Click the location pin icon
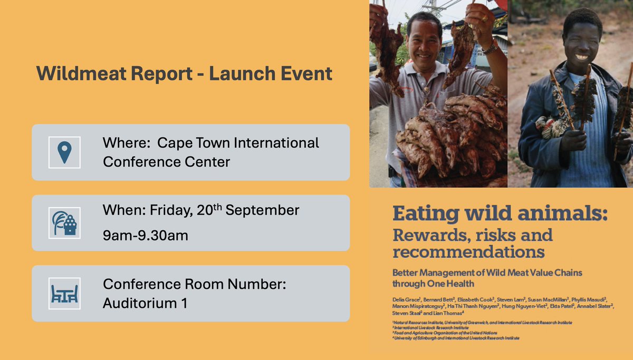64,152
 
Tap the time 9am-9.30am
146,235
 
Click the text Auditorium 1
146,304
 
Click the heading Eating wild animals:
500,215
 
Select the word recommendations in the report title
468,252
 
